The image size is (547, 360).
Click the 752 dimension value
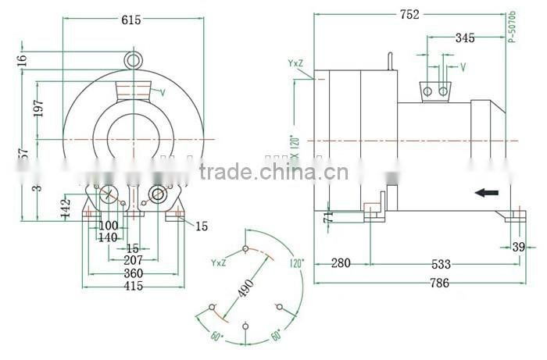pos(409,14)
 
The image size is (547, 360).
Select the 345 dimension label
pos(464,37)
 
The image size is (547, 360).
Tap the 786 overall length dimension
pos(440,283)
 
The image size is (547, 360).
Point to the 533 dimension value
pos(440,263)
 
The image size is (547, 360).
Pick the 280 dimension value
pos(341,263)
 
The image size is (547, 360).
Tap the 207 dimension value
pos(133,261)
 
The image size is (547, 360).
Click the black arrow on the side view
pos(487,192)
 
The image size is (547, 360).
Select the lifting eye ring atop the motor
pos(134,59)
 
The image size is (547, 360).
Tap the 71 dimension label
pos(329,217)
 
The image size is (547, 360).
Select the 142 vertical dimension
pos(68,209)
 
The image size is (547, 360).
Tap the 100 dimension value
pos(108,226)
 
